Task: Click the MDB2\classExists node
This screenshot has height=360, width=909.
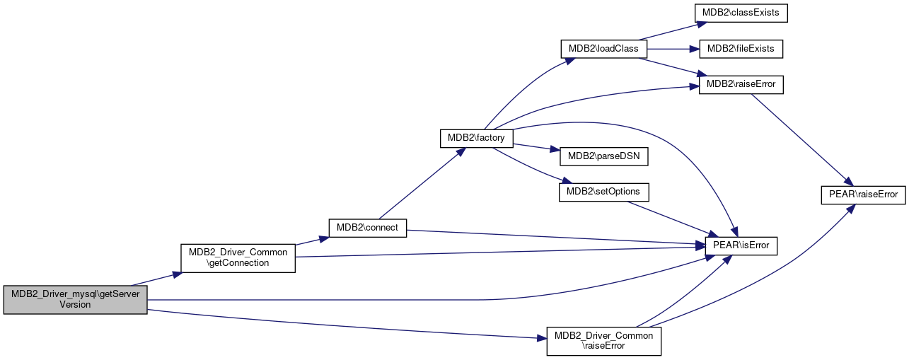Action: coord(741,13)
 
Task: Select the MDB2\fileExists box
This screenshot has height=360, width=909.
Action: coord(741,49)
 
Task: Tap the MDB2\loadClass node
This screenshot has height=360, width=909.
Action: coord(604,49)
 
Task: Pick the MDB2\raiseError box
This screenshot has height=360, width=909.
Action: coord(741,84)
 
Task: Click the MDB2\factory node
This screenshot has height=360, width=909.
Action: coord(476,139)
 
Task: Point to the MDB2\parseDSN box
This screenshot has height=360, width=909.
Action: coord(604,156)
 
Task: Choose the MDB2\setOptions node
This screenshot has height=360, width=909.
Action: coord(604,192)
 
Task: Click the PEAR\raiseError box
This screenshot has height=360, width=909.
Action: coord(863,195)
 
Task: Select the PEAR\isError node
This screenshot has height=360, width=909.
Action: coord(741,246)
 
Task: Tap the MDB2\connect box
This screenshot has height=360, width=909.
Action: coord(367,228)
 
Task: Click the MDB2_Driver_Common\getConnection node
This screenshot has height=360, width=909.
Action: coord(238,258)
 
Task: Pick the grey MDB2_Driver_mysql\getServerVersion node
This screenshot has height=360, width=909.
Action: coord(76,300)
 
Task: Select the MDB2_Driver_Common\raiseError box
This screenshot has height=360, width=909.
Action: coord(604,342)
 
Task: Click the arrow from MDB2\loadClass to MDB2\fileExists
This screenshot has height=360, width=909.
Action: coord(673,49)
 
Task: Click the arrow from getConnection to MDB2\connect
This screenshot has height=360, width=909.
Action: coord(312,240)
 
